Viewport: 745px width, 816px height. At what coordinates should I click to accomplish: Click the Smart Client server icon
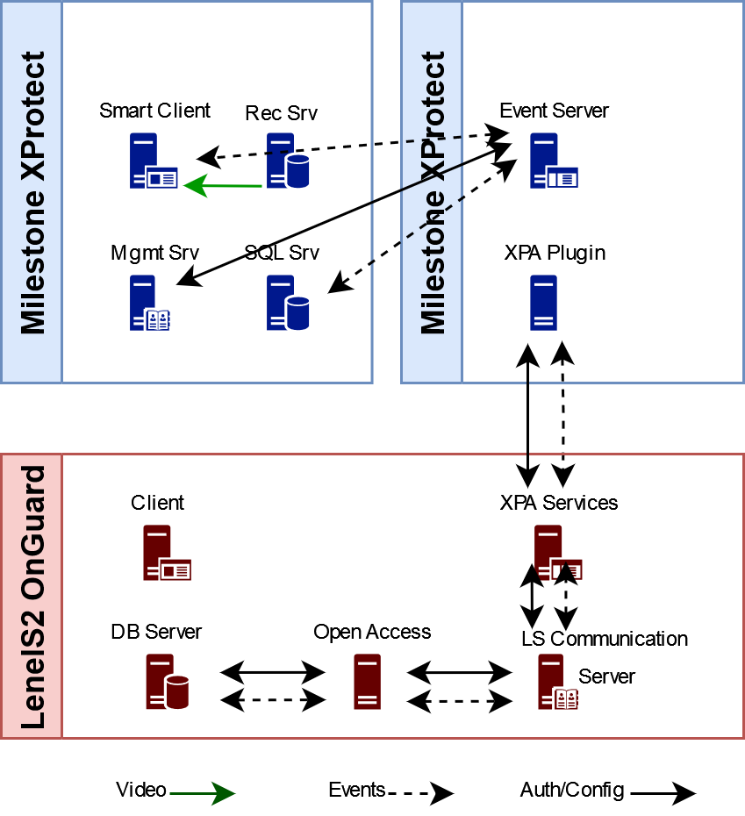coord(153,161)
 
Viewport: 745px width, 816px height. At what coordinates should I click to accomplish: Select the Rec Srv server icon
coord(287,161)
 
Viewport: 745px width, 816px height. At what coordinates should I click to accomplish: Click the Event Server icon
coord(552,161)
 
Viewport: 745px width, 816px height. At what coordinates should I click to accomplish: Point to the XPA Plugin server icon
coord(544,303)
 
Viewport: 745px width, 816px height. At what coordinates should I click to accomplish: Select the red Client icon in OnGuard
coord(166,553)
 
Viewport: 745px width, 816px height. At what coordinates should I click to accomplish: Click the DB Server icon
coord(166,682)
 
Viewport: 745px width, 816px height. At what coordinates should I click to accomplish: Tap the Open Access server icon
coord(368,682)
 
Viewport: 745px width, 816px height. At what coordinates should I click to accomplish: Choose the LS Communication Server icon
coord(556,682)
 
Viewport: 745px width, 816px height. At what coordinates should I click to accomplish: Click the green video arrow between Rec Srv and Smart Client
coord(224,186)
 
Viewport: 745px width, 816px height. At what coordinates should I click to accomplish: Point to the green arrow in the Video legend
coord(203,793)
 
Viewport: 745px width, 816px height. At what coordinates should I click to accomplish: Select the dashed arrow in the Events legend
coord(420,793)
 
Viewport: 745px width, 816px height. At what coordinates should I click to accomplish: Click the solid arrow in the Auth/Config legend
coord(663,793)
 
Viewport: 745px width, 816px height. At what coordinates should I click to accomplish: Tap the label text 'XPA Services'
coord(559,503)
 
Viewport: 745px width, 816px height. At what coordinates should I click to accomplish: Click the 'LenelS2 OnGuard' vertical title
coord(32,597)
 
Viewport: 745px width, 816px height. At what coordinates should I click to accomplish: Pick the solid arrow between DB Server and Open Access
coord(273,673)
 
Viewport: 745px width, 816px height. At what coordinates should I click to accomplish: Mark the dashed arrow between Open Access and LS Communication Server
coord(460,701)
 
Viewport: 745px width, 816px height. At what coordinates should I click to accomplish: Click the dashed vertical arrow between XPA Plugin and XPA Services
coord(563,412)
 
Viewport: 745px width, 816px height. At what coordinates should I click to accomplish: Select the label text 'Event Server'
coord(554,111)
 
